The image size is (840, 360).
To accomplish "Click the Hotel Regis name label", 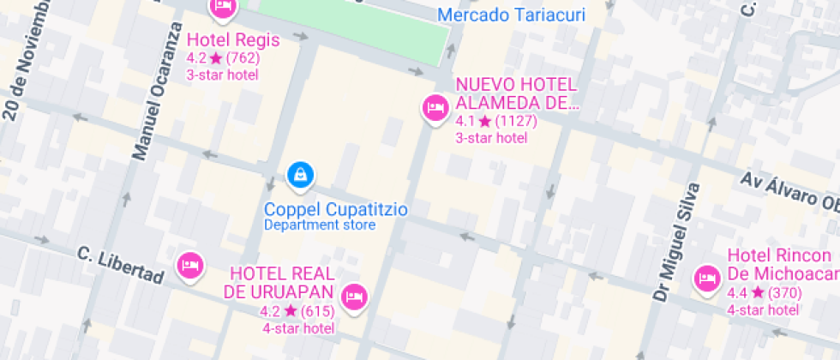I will (x=221, y=40).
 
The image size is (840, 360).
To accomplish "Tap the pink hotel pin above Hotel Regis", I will (x=223, y=7).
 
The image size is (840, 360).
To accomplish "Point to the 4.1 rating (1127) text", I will (x=495, y=121).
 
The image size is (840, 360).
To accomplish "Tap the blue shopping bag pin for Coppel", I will (x=300, y=175).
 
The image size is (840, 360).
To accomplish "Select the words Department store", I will (x=319, y=225).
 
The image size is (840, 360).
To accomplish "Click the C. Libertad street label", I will (x=120, y=265).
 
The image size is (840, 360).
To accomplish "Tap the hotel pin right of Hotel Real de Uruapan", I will (x=354, y=297).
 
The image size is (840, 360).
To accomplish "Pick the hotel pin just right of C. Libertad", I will (x=189, y=265).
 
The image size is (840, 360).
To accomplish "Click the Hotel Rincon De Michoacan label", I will (x=781, y=264).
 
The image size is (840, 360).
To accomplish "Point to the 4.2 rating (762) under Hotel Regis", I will (x=222, y=58).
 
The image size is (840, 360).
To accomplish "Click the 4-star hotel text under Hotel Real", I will (x=297, y=328).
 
